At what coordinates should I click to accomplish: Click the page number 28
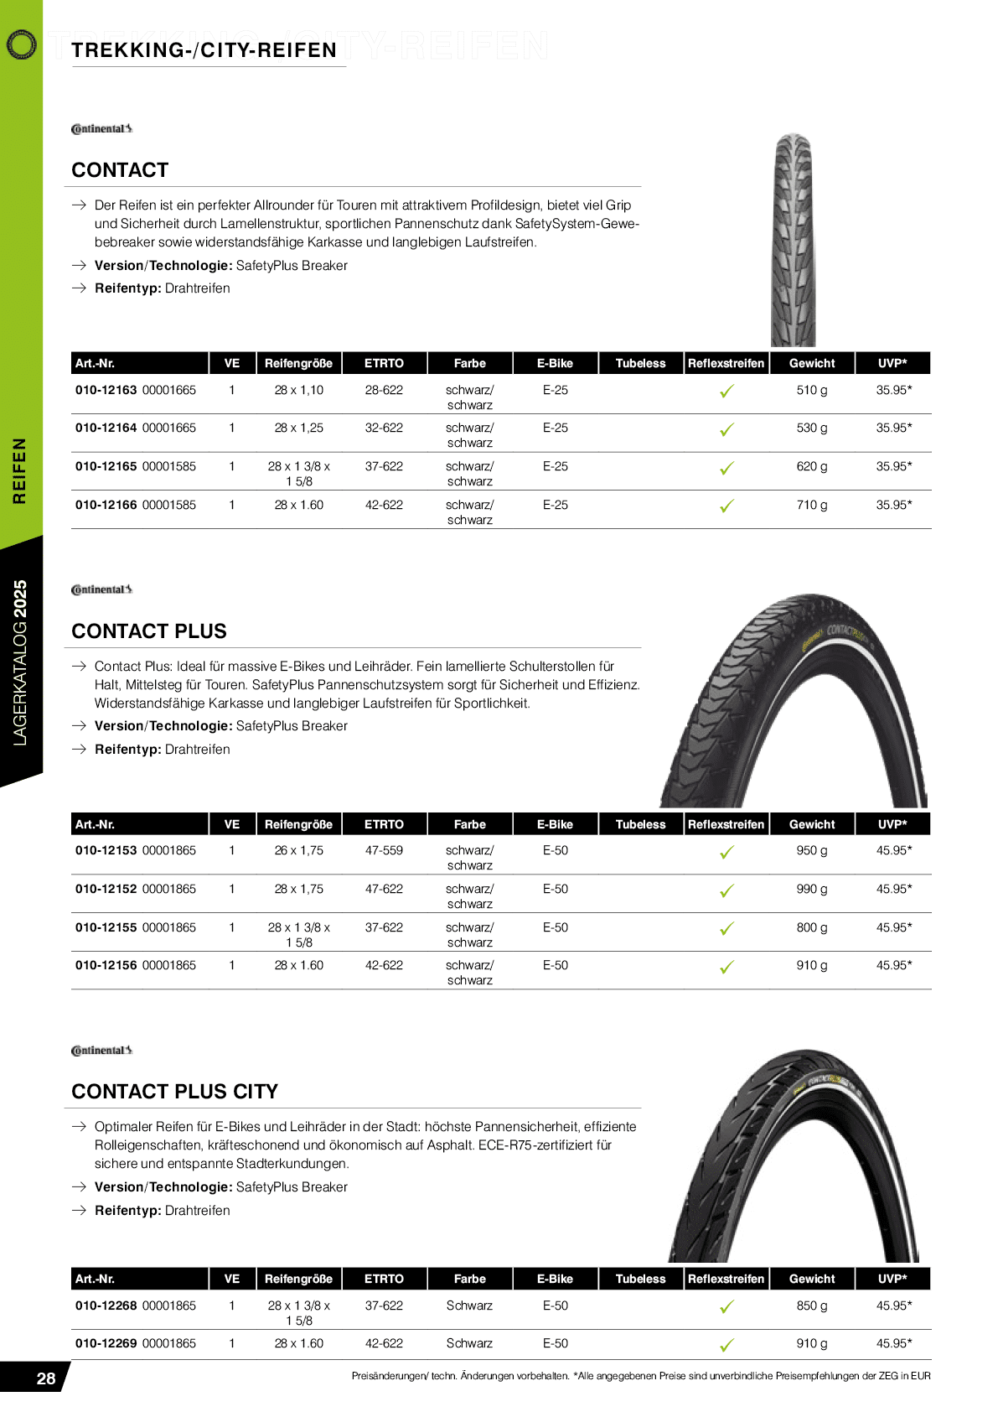pyautogui.click(x=46, y=1378)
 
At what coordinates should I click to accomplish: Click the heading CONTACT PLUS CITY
pyautogui.click(x=174, y=1092)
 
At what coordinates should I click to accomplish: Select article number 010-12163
pyautogui.click(x=106, y=390)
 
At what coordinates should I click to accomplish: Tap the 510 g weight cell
pyautogui.click(x=811, y=390)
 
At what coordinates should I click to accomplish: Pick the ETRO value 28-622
pyautogui.click(x=384, y=390)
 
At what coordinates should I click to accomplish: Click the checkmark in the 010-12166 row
pyautogui.click(x=727, y=506)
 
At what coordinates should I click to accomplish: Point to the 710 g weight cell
pyautogui.click(x=811, y=505)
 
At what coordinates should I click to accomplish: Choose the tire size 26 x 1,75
pyautogui.click(x=298, y=850)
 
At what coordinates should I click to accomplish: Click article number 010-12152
pyautogui.click(x=106, y=889)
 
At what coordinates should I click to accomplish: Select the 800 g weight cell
pyautogui.click(x=811, y=927)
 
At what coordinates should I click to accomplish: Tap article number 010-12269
pyautogui.click(x=106, y=1343)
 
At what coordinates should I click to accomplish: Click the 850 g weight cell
pyautogui.click(x=811, y=1306)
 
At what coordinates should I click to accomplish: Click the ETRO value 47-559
pyautogui.click(x=384, y=850)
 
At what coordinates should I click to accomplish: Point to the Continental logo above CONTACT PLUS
pyautogui.click(x=101, y=589)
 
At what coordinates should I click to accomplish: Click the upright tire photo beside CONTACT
pyautogui.click(x=793, y=240)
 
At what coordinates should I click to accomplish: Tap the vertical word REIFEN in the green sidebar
pyautogui.click(x=19, y=470)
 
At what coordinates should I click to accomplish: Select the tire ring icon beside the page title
pyautogui.click(x=21, y=44)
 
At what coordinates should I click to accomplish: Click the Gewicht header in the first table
pyautogui.click(x=811, y=363)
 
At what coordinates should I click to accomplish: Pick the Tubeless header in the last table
pyautogui.click(x=640, y=1279)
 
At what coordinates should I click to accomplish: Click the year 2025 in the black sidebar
pyautogui.click(x=20, y=598)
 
